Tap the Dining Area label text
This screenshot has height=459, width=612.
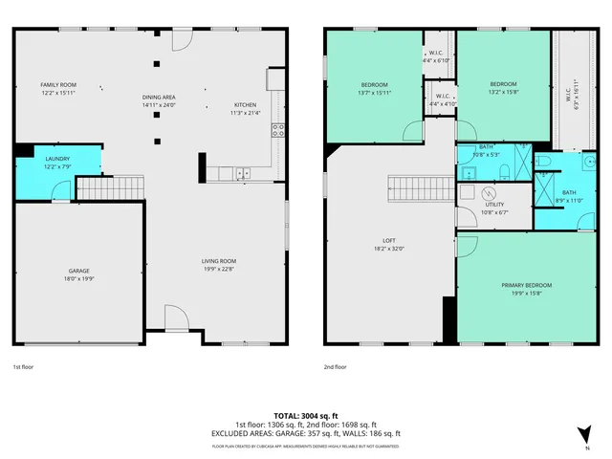point(159,97)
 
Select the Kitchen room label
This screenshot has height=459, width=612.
point(245,104)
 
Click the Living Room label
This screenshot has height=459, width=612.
point(218,261)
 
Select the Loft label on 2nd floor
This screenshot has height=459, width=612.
point(388,241)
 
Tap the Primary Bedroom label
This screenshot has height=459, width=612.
point(526,285)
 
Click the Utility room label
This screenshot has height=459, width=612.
point(494,205)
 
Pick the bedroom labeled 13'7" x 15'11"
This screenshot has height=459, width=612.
point(372,84)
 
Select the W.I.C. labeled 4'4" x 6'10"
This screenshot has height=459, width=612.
point(436,56)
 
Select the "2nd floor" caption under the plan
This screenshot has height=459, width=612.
point(335,366)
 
